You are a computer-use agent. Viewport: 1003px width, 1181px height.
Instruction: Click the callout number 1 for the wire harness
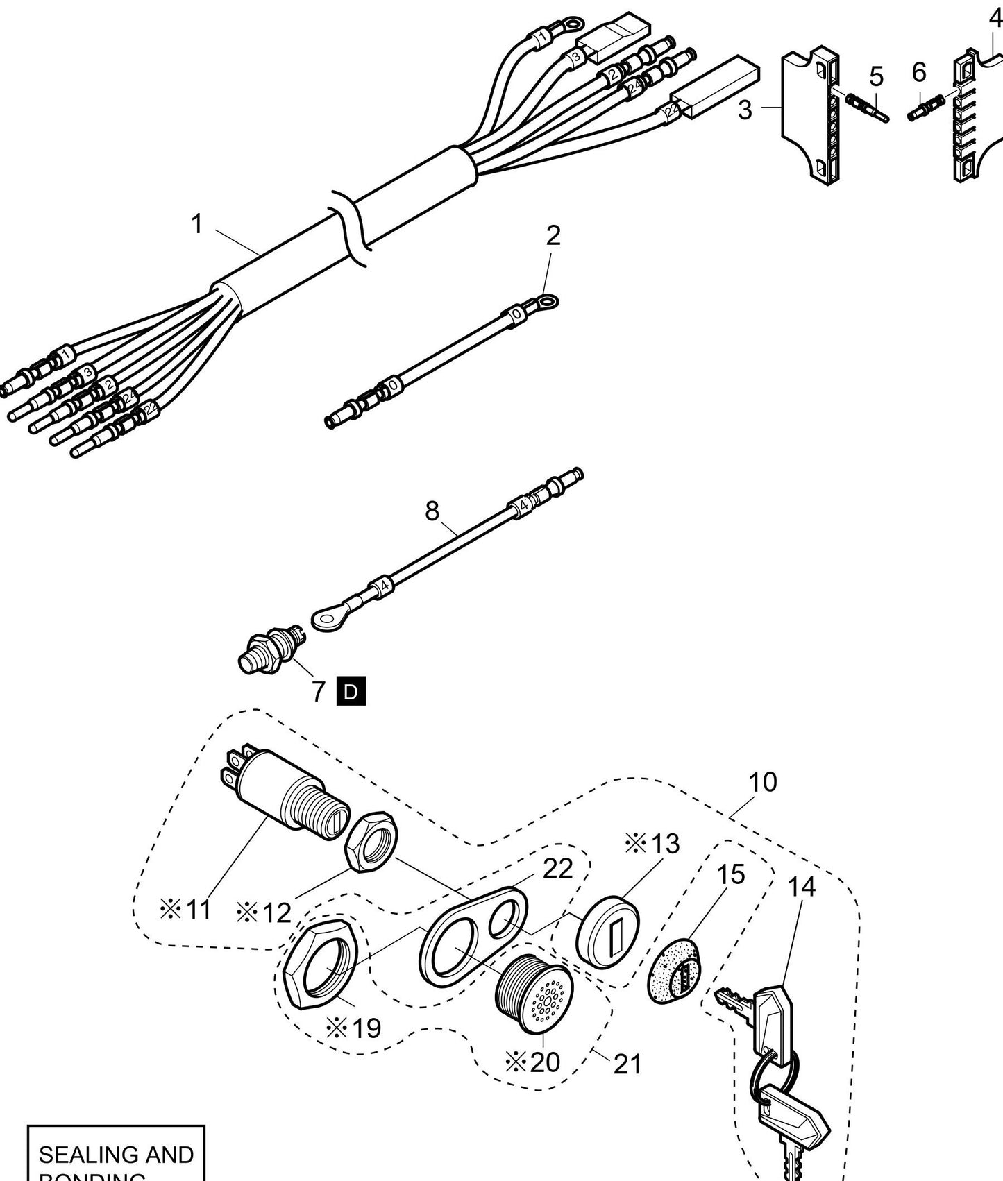[x=197, y=224]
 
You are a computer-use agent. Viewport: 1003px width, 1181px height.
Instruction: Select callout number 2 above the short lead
[x=553, y=236]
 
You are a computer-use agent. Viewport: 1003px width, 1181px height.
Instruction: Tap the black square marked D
[x=351, y=692]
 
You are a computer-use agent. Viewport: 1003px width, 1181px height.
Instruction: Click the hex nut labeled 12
[x=371, y=840]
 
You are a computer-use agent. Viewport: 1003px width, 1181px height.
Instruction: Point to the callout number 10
[x=762, y=782]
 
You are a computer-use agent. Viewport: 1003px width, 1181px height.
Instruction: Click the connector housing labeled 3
[x=809, y=114]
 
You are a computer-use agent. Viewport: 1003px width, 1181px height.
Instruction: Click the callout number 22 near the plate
[x=557, y=868]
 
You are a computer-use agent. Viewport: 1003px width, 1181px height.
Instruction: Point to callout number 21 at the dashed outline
[x=627, y=1063]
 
